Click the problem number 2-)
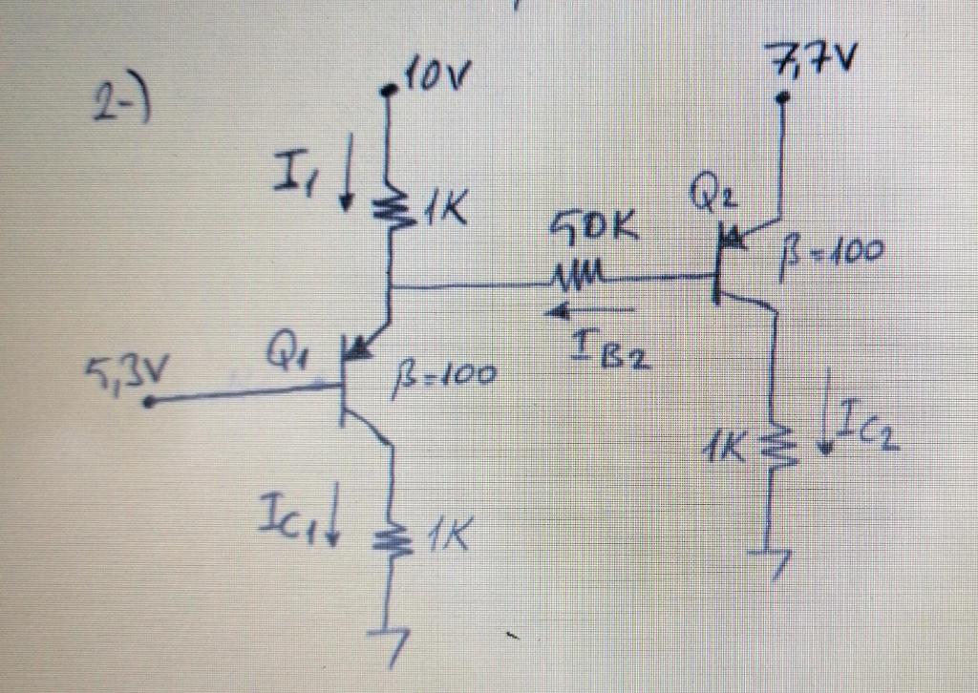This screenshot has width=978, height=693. pyautogui.click(x=123, y=102)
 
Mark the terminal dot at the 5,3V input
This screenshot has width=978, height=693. pyautogui.click(x=149, y=403)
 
